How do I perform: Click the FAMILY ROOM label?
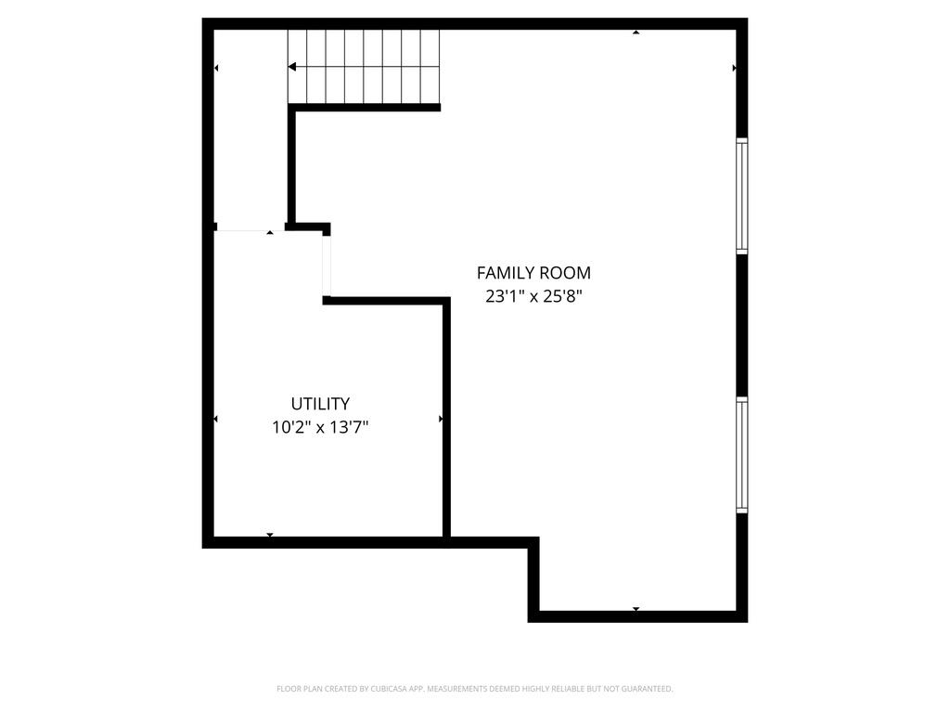533,273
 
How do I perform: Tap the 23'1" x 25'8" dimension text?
533,297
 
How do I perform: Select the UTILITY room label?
320,404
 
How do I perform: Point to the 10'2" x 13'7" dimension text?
320,427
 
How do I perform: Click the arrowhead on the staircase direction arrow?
292,67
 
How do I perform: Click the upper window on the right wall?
742,195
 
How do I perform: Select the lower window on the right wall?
742,455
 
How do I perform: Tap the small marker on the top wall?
636,32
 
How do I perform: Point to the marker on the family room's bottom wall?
636,609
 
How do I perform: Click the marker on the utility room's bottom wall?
270,535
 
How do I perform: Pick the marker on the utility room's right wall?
441,420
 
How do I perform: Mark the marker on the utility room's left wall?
216,420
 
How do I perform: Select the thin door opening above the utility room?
249,230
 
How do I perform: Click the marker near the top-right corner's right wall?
735,68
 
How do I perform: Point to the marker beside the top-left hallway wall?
216,68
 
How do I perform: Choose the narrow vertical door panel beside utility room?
327,265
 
